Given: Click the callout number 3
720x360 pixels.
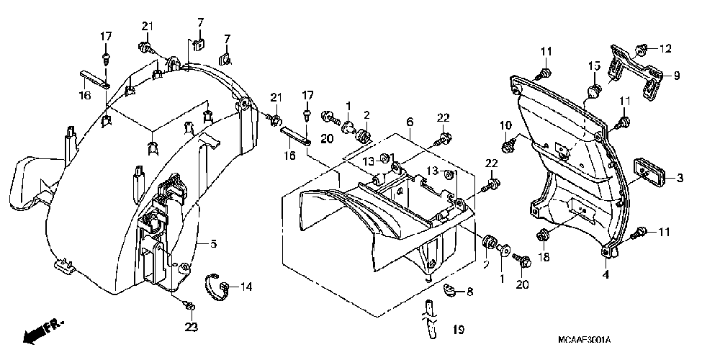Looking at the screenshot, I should point(679,177).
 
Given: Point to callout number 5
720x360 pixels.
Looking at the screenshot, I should point(213,244).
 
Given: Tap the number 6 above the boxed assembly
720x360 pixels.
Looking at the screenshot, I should point(408,123).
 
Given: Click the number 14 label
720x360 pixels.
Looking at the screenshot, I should point(246,287).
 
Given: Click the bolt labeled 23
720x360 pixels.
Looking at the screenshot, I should point(189,307).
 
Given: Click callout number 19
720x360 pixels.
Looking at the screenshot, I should point(456,330).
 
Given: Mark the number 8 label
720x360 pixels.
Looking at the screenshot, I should point(469,292).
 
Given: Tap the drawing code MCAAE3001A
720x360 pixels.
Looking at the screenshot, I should point(583,338).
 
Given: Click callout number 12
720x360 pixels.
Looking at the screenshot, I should point(665,49).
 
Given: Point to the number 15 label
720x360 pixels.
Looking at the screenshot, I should point(593,66).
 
